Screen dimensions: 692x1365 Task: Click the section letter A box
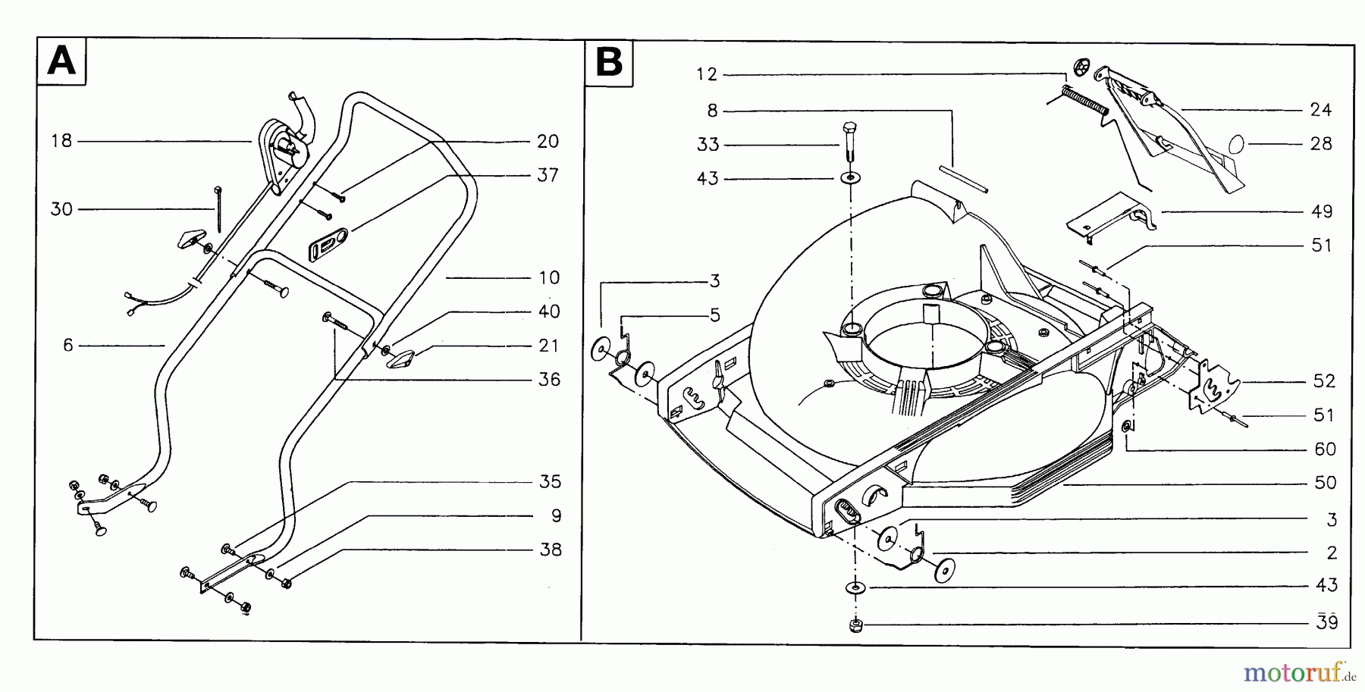61,60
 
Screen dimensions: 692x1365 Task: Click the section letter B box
609,61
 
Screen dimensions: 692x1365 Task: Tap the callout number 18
61,141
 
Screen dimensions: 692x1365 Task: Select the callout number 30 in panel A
61,209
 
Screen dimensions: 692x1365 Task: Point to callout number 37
548,175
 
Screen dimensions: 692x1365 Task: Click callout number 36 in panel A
548,380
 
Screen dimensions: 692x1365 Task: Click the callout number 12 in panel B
706,74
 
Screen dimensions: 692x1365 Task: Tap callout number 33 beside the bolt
708,144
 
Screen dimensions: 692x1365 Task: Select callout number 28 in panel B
1320,144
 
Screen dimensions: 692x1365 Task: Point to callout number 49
1321,211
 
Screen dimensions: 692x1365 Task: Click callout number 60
1324,449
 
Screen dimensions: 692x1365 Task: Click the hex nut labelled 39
855,625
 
